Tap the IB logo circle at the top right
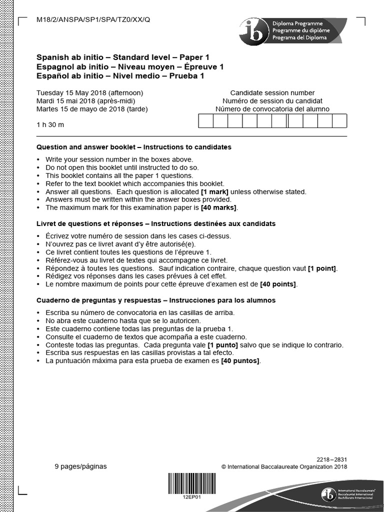[x=253, y=31]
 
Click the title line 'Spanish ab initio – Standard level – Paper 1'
[x=123, y=57]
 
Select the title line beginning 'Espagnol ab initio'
[x=130, y=67]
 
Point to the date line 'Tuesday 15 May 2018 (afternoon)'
[x=90, y=92]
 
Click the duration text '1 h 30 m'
[x=50, y=124]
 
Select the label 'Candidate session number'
[x=272, y=92]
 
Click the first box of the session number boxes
[x=206, y=121]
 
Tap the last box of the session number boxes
[x=339, y=121]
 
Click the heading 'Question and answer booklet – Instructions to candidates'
[x=134, y=147]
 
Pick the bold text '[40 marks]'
[x=219, y=207]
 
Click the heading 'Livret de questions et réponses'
[x=156, y=223]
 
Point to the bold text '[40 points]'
[x=278, y=284]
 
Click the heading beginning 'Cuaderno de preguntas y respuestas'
[x=156, y=300]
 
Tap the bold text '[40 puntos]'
[x=240, y=360]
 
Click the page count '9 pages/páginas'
[x=80, y=466]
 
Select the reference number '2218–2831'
[x=331, y=459]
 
